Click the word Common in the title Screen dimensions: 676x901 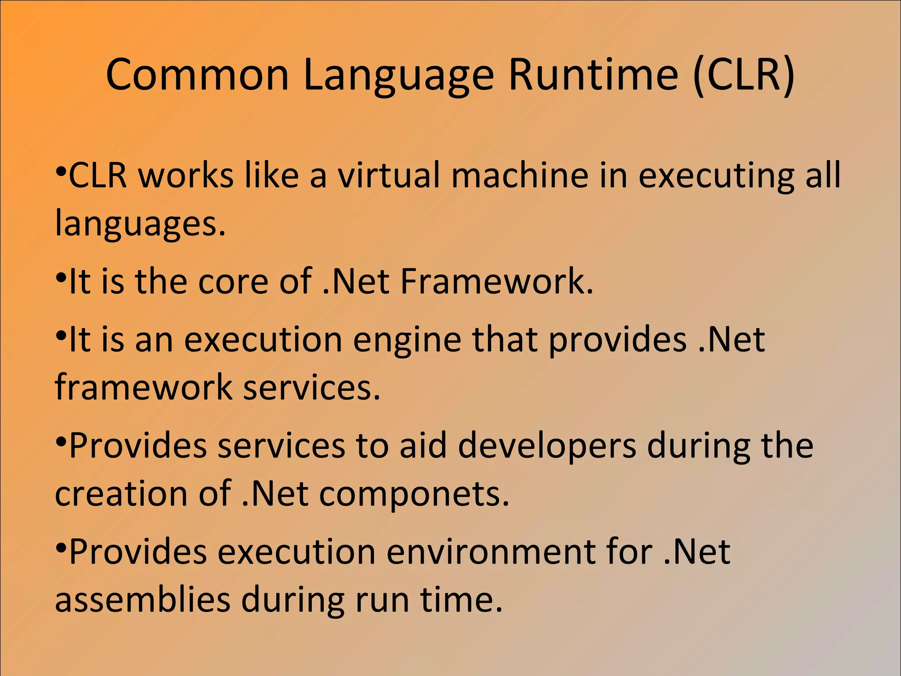tap(197, 74)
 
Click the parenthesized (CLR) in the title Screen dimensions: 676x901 tap(744, 74)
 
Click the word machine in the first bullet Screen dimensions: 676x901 tap(520, 175)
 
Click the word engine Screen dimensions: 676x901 tap(407, 341)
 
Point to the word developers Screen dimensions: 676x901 tap(547, 447)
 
